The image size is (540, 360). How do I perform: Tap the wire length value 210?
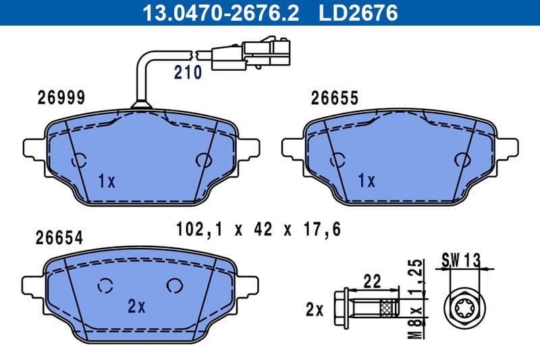tap(188, 73)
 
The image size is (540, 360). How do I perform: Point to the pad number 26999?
tap(60, 98)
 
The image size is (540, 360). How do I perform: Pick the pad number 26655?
tap(334, 98)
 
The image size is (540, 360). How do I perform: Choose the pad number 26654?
tap(60, 238)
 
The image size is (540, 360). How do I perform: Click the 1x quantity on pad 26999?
tap(107, 181)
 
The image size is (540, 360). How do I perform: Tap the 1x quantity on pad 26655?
tap(366, 180)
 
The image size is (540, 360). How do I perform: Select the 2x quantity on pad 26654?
tap(136, 306)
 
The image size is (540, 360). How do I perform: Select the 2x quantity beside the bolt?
tap(314, 310)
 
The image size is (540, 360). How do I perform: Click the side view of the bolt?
tap(368, 309)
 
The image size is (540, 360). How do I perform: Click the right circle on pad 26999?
tap(202, 160)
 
